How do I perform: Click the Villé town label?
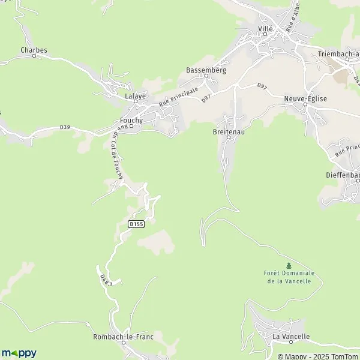coord(265,29)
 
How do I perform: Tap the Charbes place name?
coord(34,50)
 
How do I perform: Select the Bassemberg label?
coord(206,70)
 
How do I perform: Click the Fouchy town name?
coord(131,120)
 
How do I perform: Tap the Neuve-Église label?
coord(305,98)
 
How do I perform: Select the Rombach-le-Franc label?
coord(123,337)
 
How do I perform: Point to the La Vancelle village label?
coord(291,337)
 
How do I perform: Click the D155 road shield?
coord(136,224)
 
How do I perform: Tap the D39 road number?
coord(65,127)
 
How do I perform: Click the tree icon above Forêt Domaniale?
coord(289,265)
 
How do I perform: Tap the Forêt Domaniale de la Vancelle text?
coord(289,277)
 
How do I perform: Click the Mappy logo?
coord(19,353)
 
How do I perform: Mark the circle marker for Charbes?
coord(34,56)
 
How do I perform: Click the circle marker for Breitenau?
coord(229,137)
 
